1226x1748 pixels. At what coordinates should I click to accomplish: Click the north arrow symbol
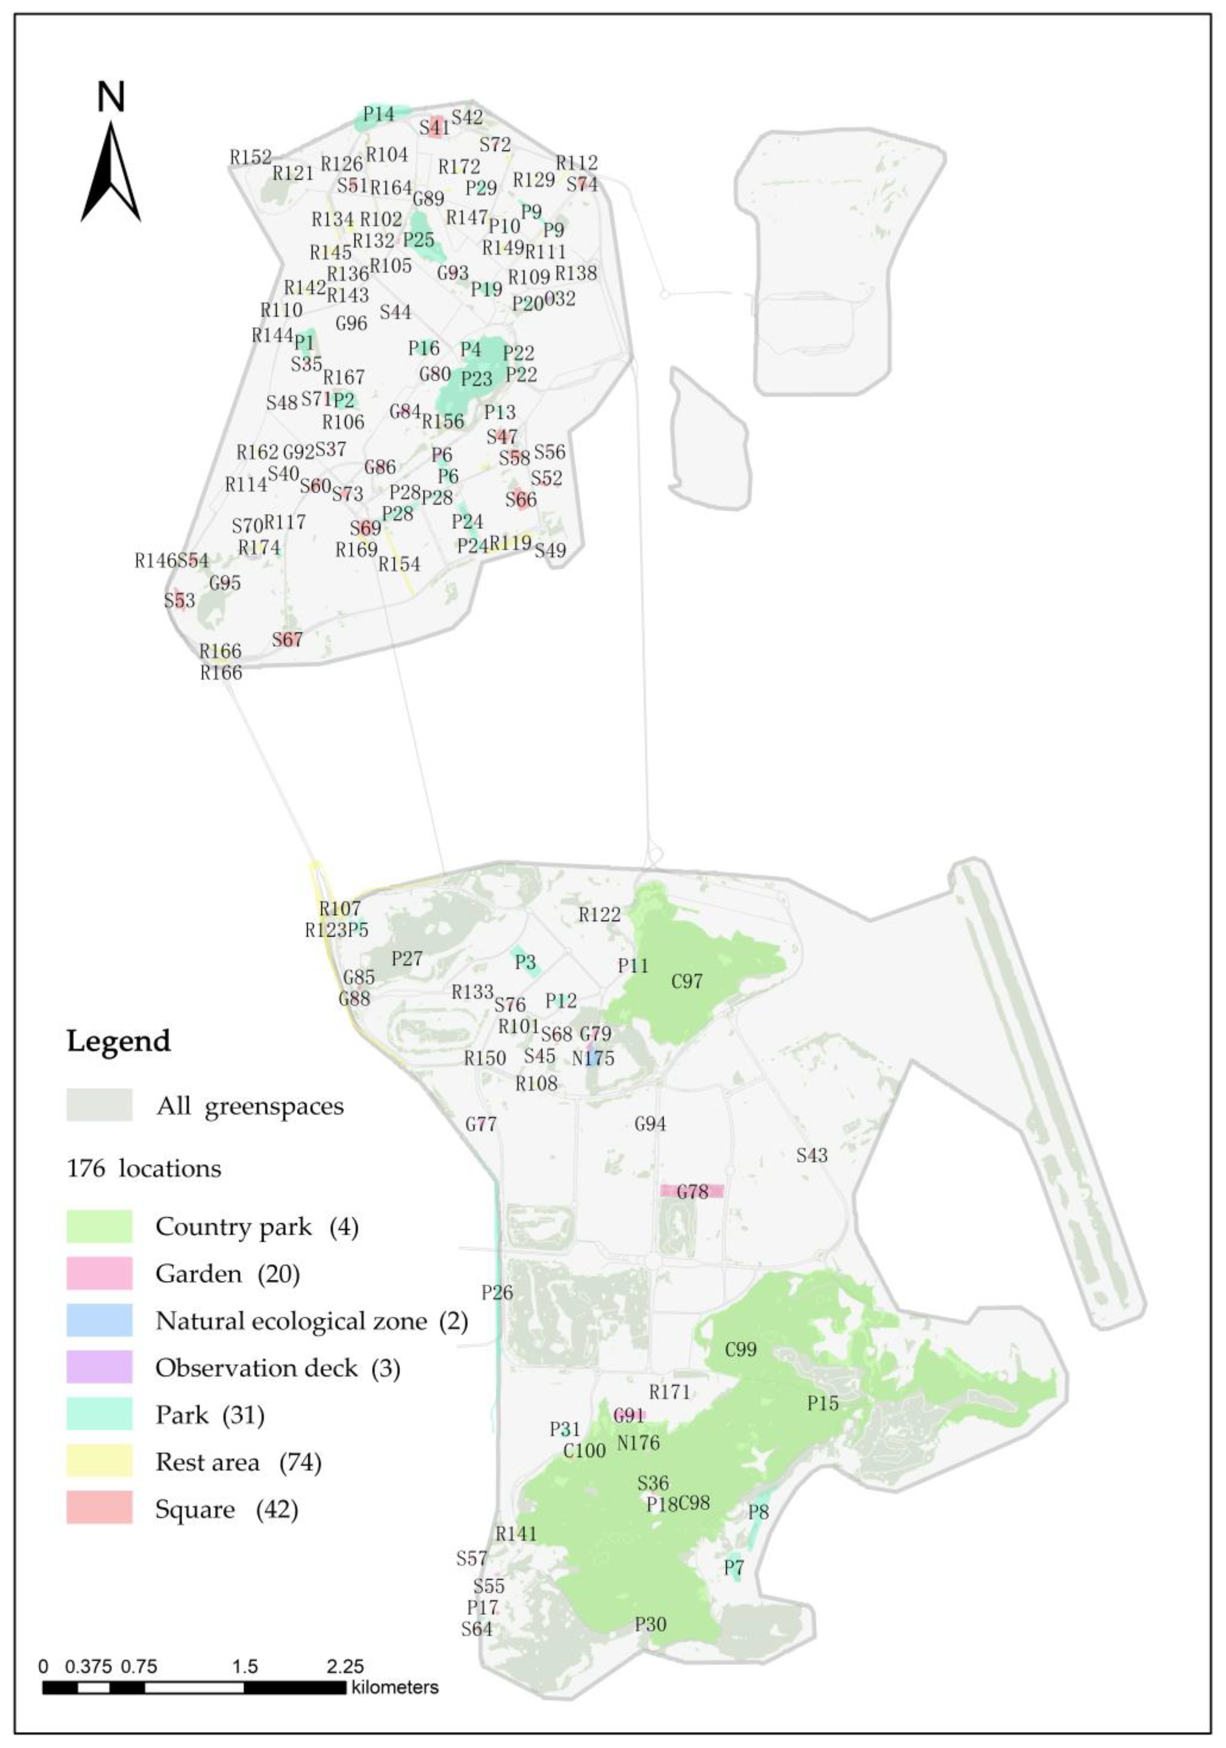coord(111,171)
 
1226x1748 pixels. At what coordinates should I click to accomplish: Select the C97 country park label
coord(687,981)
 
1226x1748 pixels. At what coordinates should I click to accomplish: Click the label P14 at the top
coord(378,114)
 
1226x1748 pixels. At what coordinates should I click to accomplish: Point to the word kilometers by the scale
coord(395,1687)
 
